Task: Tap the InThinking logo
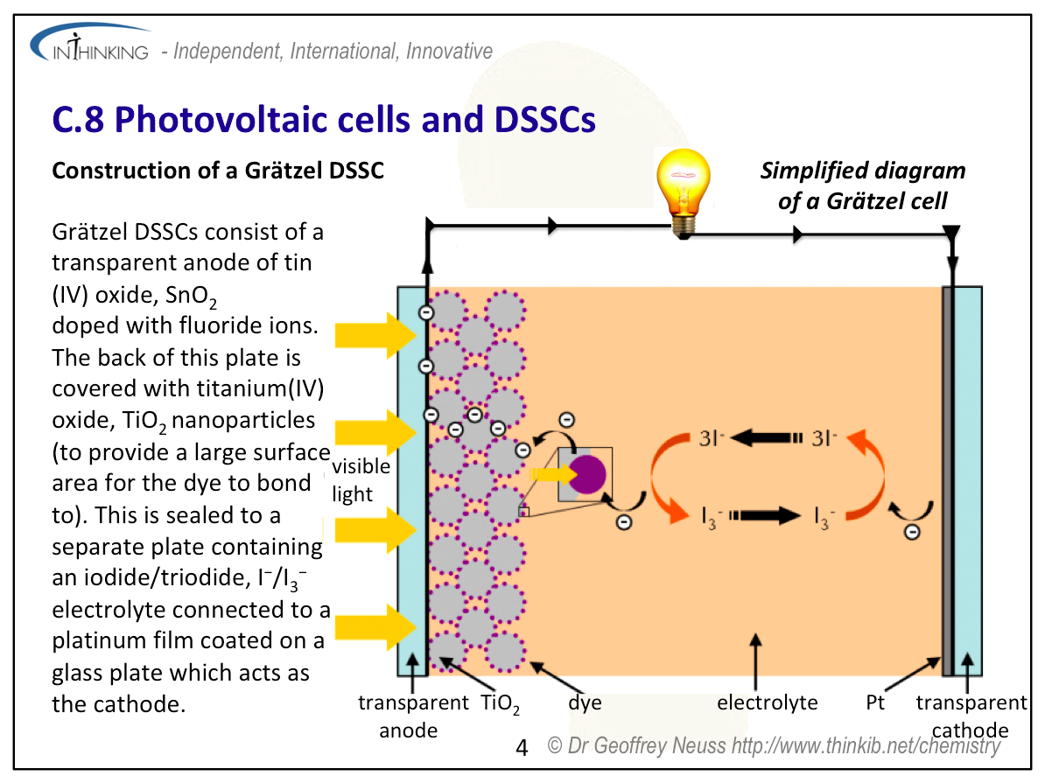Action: pyautogui.click(x=91, y=44)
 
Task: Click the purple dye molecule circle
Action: pyautogui.click(x=587, y=474)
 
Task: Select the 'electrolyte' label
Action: pyautogui.click(x=767, y=703)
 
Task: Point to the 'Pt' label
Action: pyautogui.click(x=875, y=703)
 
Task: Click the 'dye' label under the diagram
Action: pyautogui.click(x=585, y=703)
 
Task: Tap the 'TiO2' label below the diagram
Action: pyautogui.click(x=500, y=703)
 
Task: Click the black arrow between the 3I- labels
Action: pyautogui.click(x=767, y=437)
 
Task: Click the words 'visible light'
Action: pyautogui.click(x=361, y=479)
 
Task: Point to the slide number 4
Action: pyautogui.click(x=522, y=748)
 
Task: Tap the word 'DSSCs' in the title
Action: pyautogui.click(x=544, y=120)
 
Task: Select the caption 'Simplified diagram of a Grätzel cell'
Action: pyautogui.click(x=862, y=185)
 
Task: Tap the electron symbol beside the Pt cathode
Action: pyautogui.click(x=912, y=532)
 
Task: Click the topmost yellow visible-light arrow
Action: pyautogui.click(x=375, y=334)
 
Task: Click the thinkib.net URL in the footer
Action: pyautogui.click(x=866, y=745)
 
